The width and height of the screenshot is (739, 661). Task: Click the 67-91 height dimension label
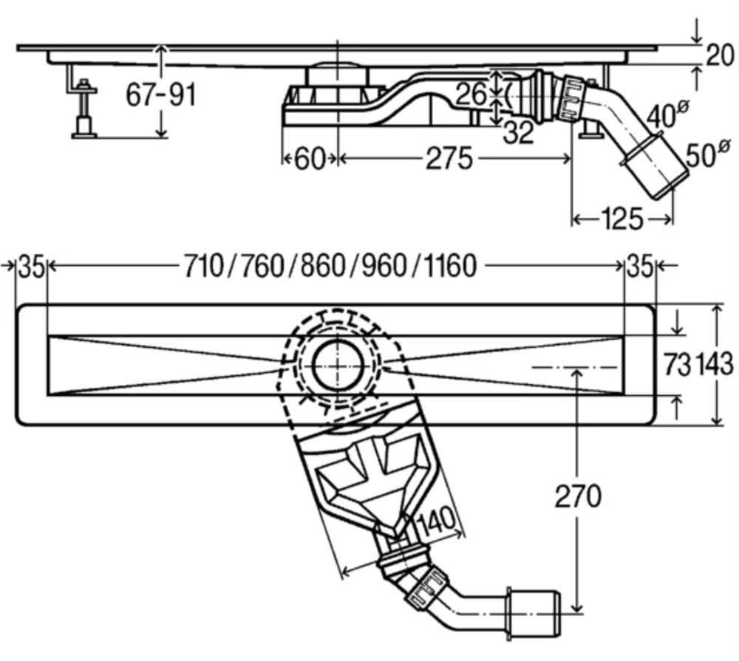[160, 95]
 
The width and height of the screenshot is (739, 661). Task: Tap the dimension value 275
[449, 159]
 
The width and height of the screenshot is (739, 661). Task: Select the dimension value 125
[621, 219]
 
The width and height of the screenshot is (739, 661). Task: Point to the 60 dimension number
[310, 159]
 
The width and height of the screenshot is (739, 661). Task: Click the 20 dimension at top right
[720, 55]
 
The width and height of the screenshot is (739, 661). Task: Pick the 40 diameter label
[666, 114]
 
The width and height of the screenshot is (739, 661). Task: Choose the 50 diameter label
[707, 153]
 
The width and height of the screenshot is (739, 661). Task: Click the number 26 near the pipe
[471, 94]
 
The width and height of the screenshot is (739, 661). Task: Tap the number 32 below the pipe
[519, 132]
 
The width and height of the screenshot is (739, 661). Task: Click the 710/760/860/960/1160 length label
[330, 266]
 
